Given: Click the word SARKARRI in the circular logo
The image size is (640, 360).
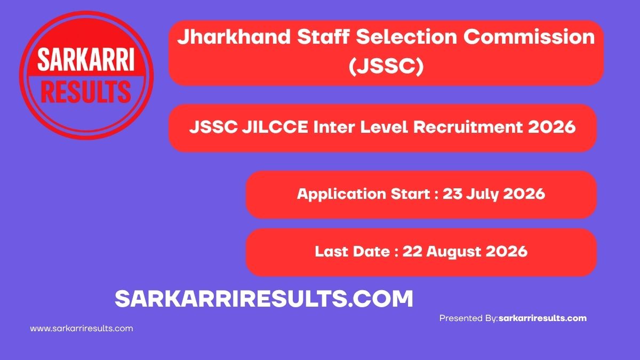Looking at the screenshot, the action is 86,60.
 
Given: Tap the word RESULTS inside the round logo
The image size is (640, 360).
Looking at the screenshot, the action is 86,91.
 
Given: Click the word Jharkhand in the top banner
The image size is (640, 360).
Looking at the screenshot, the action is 234,37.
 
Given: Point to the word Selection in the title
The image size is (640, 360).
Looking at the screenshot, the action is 406,37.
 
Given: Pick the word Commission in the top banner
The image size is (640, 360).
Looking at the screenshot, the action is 529,37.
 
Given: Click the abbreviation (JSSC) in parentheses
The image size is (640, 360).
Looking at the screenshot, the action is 386,66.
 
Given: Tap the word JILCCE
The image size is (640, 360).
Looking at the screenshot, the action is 275,127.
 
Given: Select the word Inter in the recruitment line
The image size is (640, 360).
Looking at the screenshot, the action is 334,127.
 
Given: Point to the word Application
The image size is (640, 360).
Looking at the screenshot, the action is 341,194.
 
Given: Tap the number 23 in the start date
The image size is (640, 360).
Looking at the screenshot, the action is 452,194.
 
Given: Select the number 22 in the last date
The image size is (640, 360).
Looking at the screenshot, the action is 412,251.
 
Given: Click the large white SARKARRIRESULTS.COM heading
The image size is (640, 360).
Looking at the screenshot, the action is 263,299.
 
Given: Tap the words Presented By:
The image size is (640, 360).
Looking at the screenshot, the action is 469,318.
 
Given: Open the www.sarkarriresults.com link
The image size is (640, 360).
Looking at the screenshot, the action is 82,329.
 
